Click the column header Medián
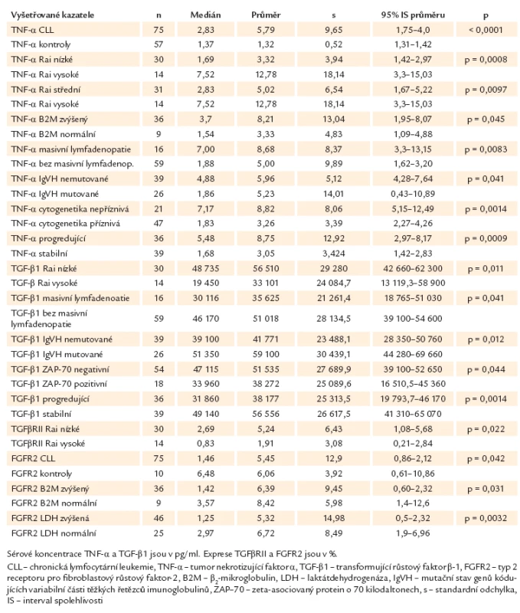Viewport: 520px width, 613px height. click(x=205, y=15)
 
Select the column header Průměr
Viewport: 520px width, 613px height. click(x=266, y=15)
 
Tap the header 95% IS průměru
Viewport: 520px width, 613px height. click(x=413, y=15)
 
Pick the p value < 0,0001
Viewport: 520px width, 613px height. click(x=486, y=30)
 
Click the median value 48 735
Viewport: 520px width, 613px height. click(x=205, y=269)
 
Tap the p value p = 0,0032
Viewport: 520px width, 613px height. click(x=486, y=519)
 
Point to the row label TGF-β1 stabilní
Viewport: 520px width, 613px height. click(x=41, y=414)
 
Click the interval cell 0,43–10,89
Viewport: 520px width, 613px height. click(x=413, y=194)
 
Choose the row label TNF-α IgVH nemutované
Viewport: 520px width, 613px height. click(x=60, y=179)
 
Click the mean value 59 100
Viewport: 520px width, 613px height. click(x=266, y=355)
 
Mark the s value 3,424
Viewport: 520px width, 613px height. click(x=334, y=254)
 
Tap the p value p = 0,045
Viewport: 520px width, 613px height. click(x=486, y=120)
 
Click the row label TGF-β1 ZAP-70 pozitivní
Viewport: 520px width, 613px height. click(x=59, y=384)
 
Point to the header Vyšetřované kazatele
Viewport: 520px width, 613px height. click(x=52, y=15)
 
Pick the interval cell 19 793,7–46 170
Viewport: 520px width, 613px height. click(x=413, y=399)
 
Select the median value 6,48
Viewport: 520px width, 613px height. click(x=205, y=474)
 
